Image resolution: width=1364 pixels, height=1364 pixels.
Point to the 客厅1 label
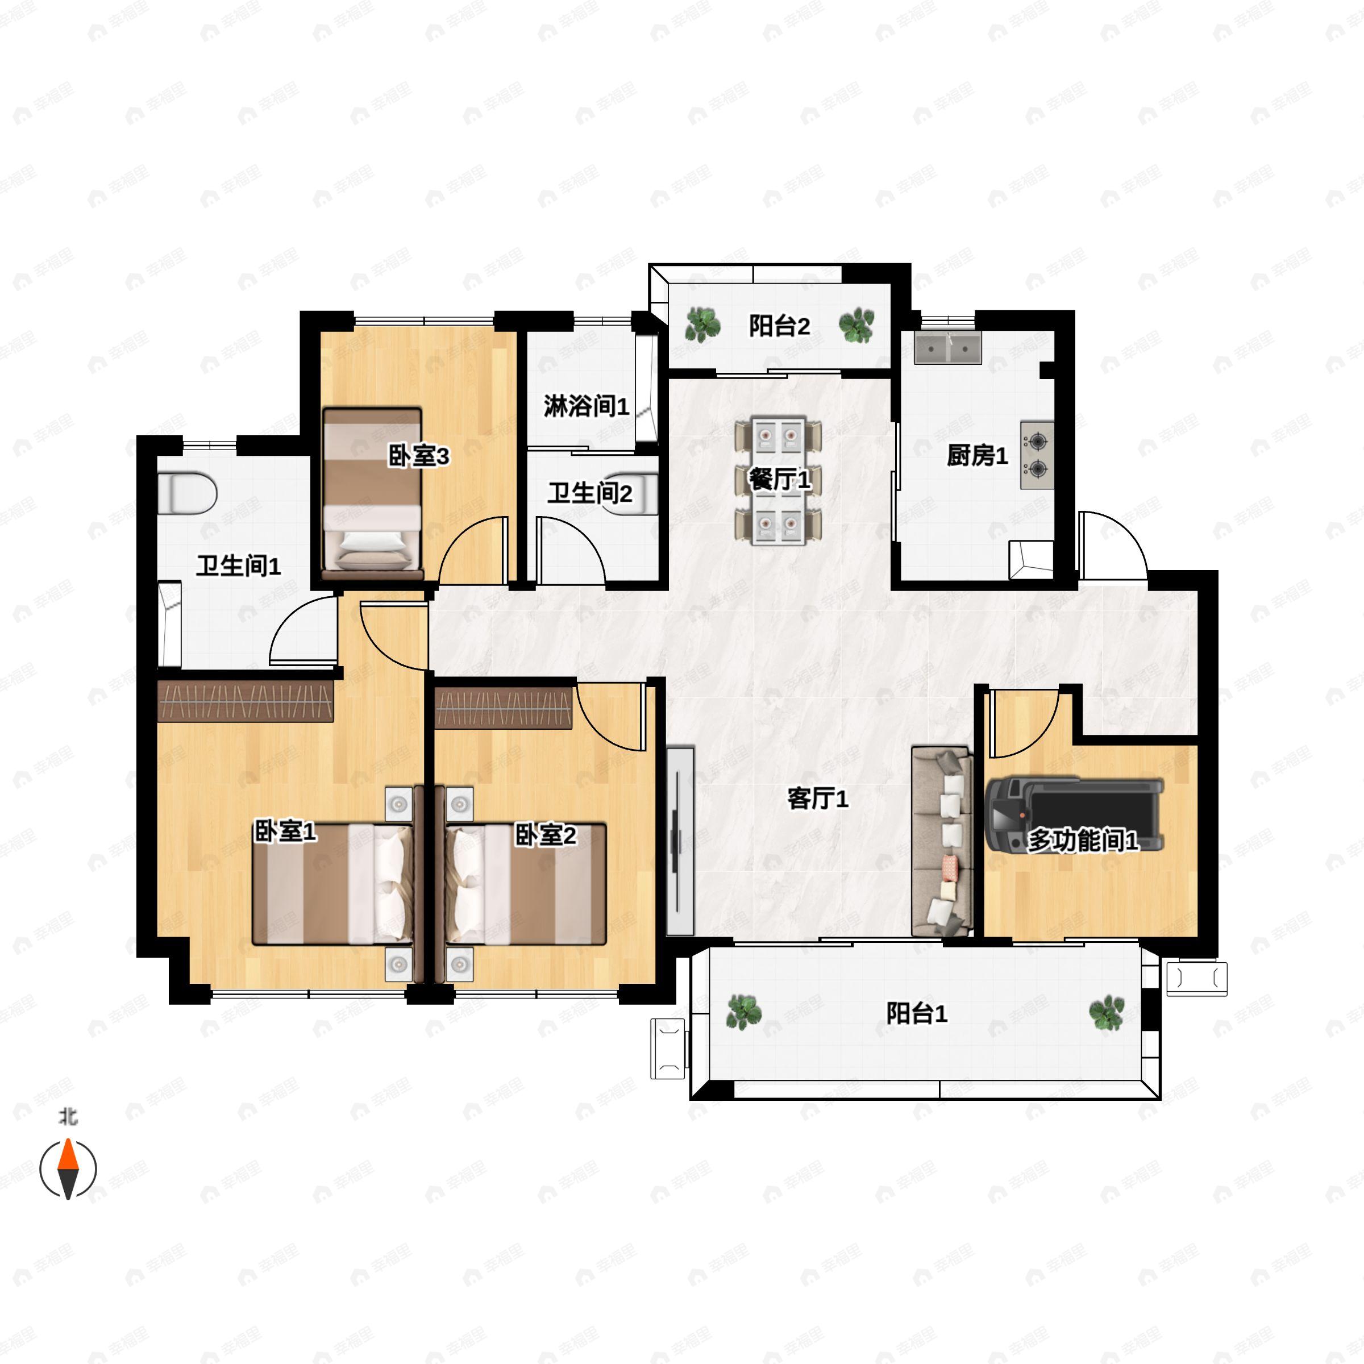pos(818,799)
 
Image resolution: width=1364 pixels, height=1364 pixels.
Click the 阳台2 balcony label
pos(779,326)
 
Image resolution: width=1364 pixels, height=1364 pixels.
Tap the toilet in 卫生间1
pos(186,493)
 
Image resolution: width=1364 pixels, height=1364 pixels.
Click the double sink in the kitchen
pos(947,348)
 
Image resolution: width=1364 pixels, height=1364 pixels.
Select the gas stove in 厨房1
pos(1037,455)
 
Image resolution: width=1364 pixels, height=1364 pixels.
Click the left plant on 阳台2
pos(702,325)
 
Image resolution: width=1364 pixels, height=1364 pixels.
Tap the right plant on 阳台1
pos(1105,1013)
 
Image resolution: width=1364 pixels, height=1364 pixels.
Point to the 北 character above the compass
pos(68,1117)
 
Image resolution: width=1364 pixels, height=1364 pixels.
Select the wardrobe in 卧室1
pos(244,702)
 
